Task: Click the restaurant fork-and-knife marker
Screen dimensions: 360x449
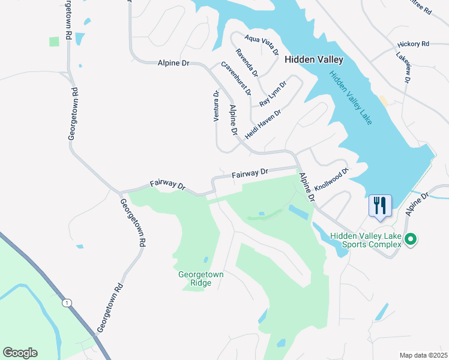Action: pyautogui.click(x=380, y=205)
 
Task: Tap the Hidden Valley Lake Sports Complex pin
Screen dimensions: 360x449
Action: pyautogui.click(x=411, y=240)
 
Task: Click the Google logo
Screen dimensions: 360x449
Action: pyautogui.click(x=20, y=353)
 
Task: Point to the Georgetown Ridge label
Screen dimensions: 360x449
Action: pyautogui.click(x=201, y=279)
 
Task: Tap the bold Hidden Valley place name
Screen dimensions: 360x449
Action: pyautogui.click(x=313, y=59)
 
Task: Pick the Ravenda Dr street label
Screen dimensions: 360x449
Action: pyautogui.click(x=247, y=63)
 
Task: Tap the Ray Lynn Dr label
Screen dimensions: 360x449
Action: pyautogui.click(x=274, y=95)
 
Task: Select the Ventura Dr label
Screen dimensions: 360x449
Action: pyautogui.click(x=216, y=106)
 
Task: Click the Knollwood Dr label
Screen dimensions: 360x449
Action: pyautogui.click(x=331, y=179)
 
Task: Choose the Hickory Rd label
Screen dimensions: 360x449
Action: pyautogui.click(x=413, y=44)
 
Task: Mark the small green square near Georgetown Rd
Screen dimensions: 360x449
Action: pyautogui.click(x=55, y=41)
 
